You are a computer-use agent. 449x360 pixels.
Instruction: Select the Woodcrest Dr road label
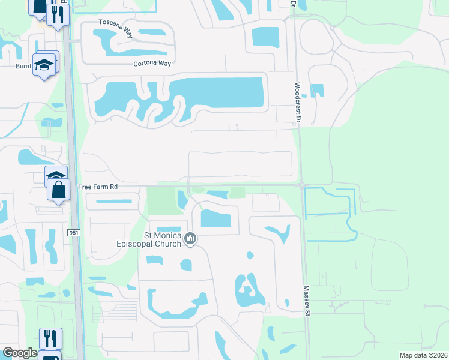coord(297,103)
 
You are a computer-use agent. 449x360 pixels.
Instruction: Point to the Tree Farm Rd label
coord(97,187)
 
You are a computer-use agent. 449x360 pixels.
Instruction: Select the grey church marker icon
coord(191,239)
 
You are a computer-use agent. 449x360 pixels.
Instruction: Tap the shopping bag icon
coord(59,191)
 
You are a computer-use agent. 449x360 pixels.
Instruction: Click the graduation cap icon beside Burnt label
coord(44,64)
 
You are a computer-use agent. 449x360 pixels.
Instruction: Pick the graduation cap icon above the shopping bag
coord(56,175)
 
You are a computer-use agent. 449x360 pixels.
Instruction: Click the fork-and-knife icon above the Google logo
coord(50,338)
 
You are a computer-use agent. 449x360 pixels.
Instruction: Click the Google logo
coord(20,353)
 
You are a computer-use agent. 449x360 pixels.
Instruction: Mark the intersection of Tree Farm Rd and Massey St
coord(302,185)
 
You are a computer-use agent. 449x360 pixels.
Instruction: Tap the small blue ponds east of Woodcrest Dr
coord(316,91)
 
